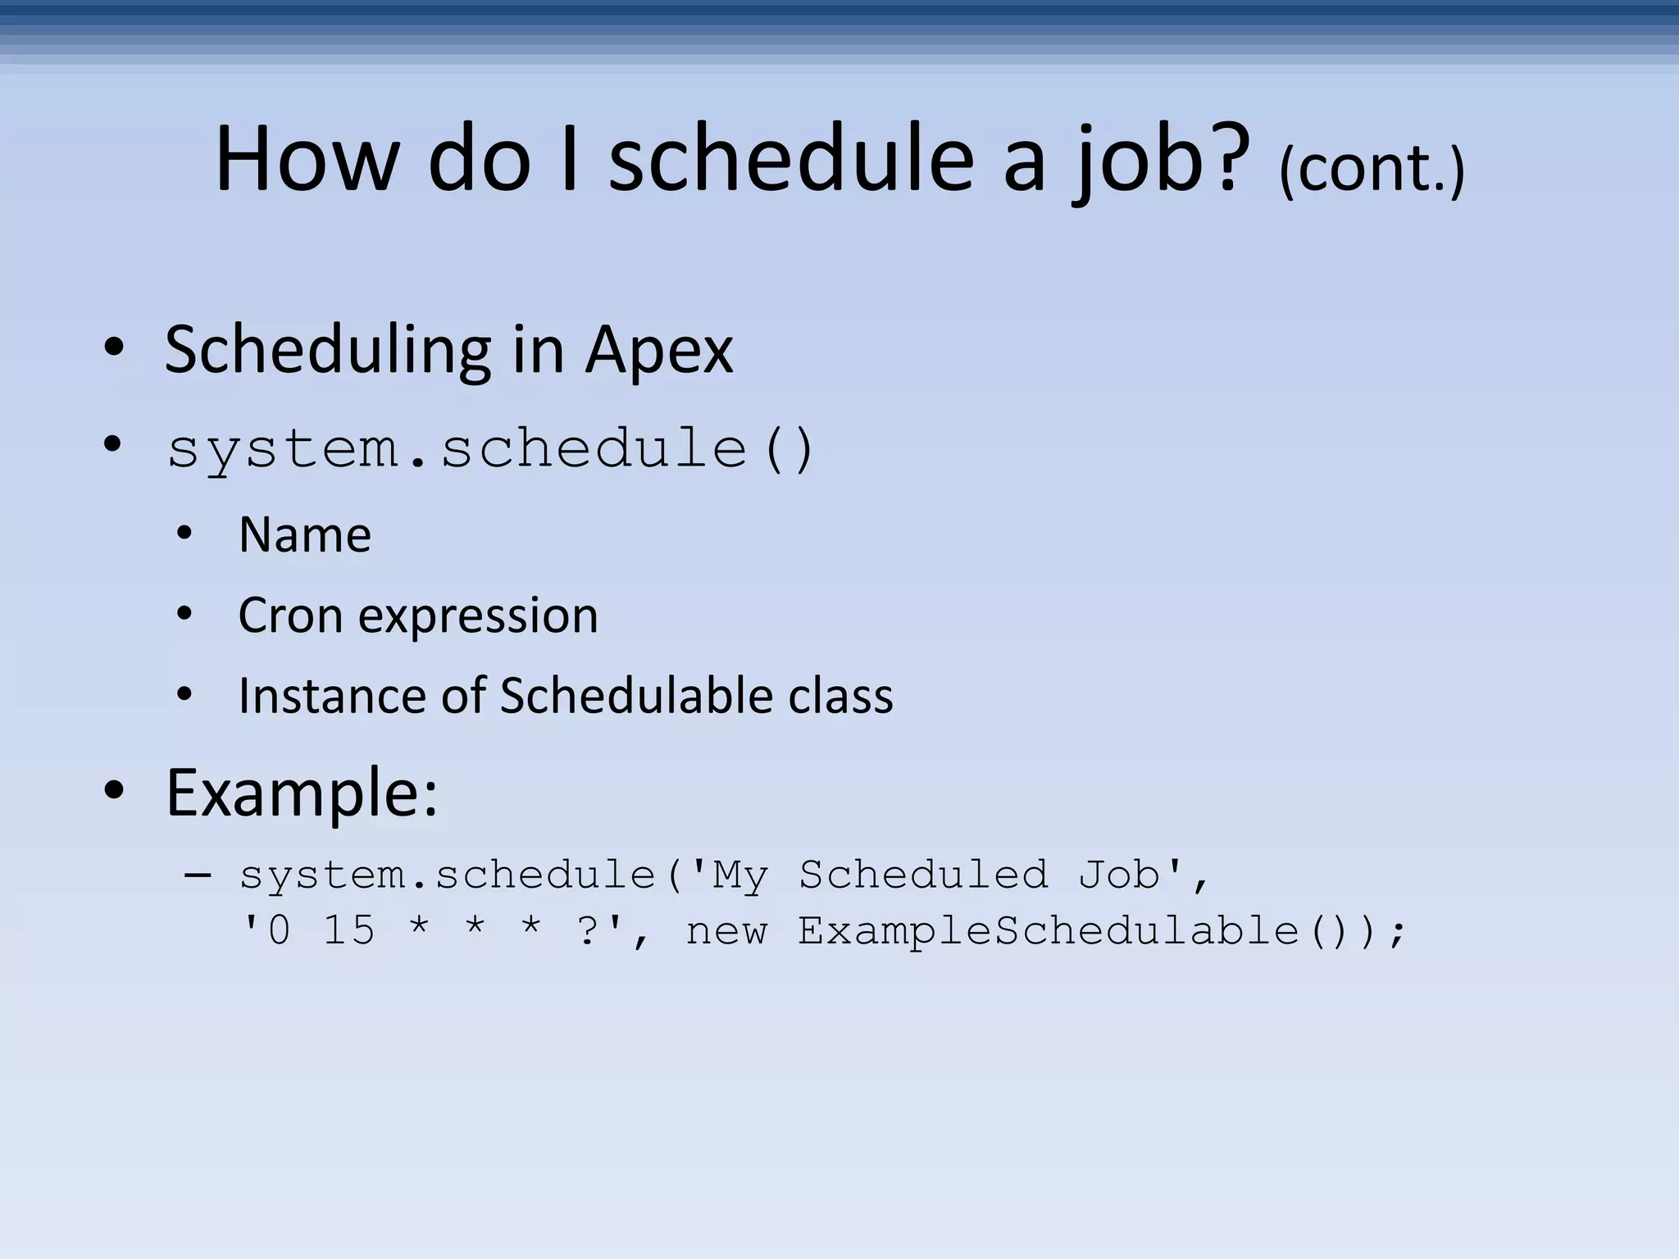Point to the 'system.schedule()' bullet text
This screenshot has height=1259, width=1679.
click(490, 449)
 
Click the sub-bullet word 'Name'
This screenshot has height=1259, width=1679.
click(305, 535)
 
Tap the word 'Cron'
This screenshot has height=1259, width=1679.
click(289, 616)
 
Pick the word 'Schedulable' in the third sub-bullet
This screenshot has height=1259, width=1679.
click(635, 696)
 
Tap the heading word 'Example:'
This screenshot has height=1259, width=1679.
click(302, 793)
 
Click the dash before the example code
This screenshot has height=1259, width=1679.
click(198, 875)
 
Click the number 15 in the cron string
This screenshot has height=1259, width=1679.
click(349, 931)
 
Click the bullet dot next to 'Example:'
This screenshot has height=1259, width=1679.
click(114, 792)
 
